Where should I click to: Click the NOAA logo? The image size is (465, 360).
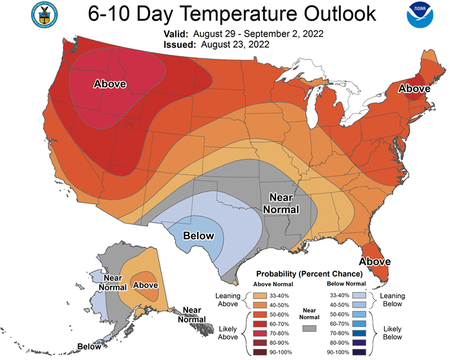click(x=420, y=15)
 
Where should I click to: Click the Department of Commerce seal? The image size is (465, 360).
click(x=45, y=15)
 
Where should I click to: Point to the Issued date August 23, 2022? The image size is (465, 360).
click(x=235, y=45)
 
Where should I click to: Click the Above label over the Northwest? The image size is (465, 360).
click(x=110, y=84)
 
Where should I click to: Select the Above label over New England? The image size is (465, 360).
click(x=414, y=88)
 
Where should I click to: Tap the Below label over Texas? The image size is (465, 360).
click(x=199, y=235)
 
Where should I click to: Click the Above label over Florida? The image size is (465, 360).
click(x=375, y=261)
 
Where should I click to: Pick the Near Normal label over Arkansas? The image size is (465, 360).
click(x=281, y=203)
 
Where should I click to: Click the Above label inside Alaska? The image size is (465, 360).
click(x=146, y=285)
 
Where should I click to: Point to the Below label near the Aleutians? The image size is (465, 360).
click(x=89, y=346)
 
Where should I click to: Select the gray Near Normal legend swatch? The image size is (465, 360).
click(x=309, y=328)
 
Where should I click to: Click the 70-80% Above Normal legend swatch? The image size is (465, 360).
click(x=260, y=334)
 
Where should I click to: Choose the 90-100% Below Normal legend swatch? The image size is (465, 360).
click(x=359, y=352)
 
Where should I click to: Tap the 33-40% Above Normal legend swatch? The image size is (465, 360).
click(x=260, y=296)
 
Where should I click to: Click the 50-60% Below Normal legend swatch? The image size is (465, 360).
click(x=359, y=314)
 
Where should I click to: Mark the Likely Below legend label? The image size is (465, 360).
click(x=393, y=333)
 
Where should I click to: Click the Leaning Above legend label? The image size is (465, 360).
click(x=228, y=299)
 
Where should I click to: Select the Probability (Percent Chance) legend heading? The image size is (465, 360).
click(x=309, y=273)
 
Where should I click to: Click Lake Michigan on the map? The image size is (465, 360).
click(x=313, y=107)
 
